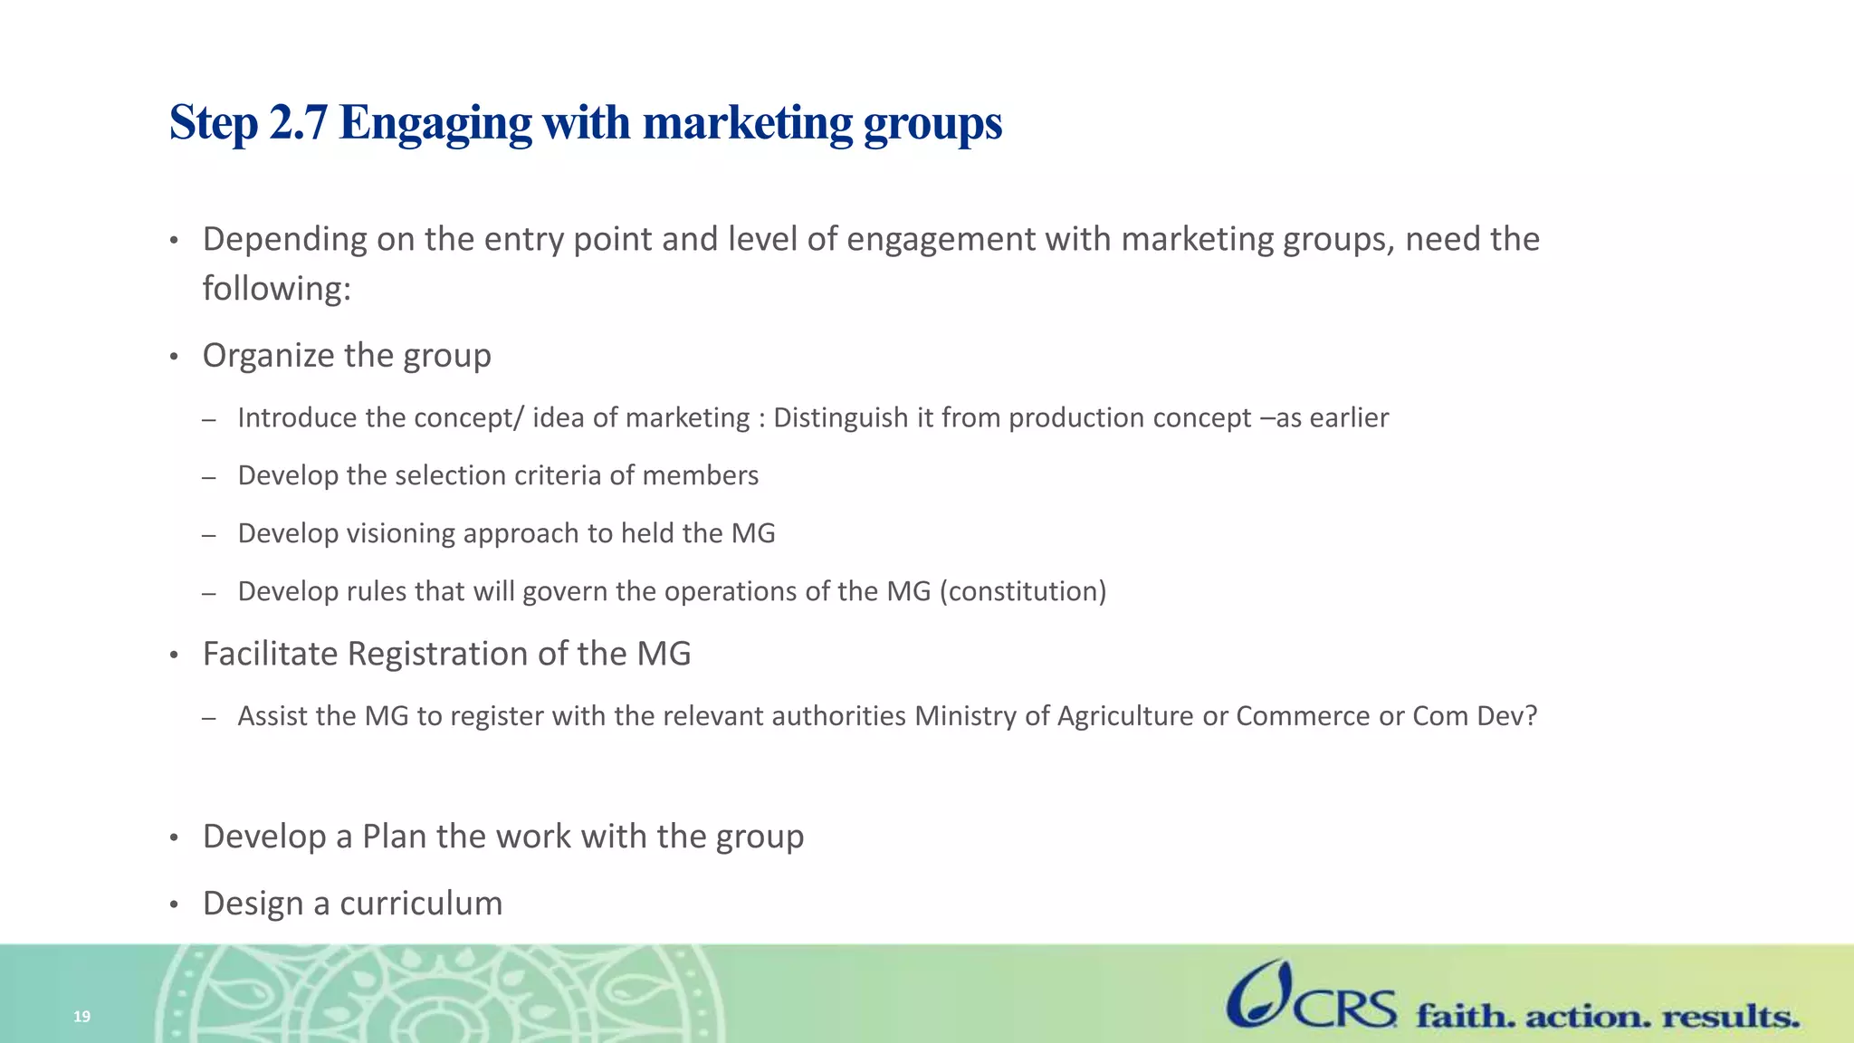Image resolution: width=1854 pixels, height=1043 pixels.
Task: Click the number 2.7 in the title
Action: pyautogui.click(x=298, y=122)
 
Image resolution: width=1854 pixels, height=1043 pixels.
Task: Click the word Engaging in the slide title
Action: pyautogui.click(x=435, y=124)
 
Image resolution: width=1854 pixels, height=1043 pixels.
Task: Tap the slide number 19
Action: pyautogui.click(x=81, y=1017)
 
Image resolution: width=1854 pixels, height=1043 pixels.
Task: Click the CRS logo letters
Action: pyautogui.click(x=1345, y=1008)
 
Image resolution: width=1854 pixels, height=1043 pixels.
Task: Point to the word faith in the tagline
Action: pyautogui.click(x=1465, y=1016)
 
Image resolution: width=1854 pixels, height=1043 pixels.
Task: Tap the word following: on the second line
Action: pyautogui.click(x=276, y=289)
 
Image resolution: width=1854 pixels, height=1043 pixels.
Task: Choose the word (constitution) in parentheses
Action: pyautogui.click(x=1023, y=591)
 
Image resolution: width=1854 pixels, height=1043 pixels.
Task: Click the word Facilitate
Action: pyautogui.click(x=271, y=654)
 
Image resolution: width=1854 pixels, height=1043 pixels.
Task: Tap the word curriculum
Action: pyautogui.click(x=421, y=904)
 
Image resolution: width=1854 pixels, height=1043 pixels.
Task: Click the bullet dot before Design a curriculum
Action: pyautogui.click(x=175, y=904)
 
